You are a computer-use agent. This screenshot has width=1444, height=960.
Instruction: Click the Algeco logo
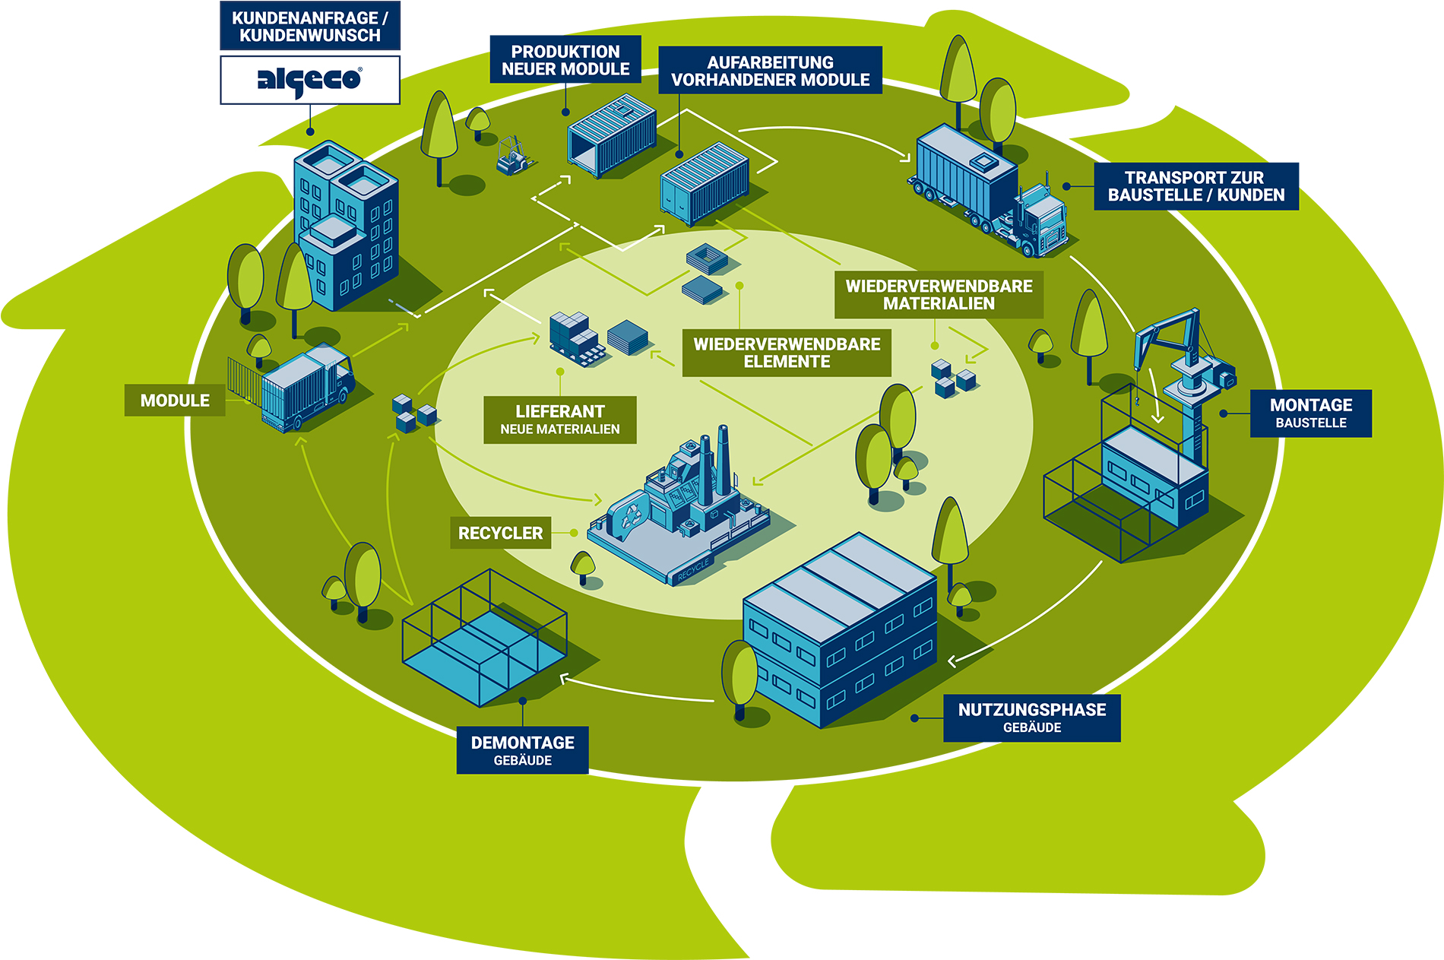pyautogui.click(x=309, y=80)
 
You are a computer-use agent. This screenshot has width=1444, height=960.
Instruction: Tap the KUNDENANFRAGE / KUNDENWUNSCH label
pyautogui.click(x=309, y=27)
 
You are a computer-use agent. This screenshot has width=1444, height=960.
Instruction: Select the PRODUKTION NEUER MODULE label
pyautogui.click(x=565, y=60)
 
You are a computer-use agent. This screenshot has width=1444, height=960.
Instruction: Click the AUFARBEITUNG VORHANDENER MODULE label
pyautogui.click(x=770, y=71)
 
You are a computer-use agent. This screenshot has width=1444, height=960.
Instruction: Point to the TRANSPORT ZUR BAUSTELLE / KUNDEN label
pyautogui.click(x=1195, y=186)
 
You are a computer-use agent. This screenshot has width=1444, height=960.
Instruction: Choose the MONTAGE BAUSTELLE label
pyautogui.click(x=1310, y=413)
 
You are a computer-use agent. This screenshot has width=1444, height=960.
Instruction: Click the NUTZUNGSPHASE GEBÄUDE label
pyautogui.click(x=1031, y=718)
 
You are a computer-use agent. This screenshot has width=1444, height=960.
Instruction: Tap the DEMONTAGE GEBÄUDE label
pyautogui.click(x=522, y=750)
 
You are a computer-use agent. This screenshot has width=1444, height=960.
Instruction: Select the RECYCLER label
pyautogui.click(x=500, y=533)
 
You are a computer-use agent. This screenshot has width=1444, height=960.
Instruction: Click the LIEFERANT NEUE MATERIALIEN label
pyautogui.click(x=559, y=420)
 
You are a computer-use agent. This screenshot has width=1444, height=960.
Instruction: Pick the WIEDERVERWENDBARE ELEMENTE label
pyautogui.click(x=786, y=353)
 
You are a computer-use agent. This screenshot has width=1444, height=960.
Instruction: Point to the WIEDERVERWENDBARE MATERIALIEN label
pyautogui.click(x=939, y=294)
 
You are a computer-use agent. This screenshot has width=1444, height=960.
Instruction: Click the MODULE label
pyautogui.click(x=175, y=401)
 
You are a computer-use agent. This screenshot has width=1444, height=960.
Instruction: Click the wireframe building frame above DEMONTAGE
pyautogui.click(x=484, y=638)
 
